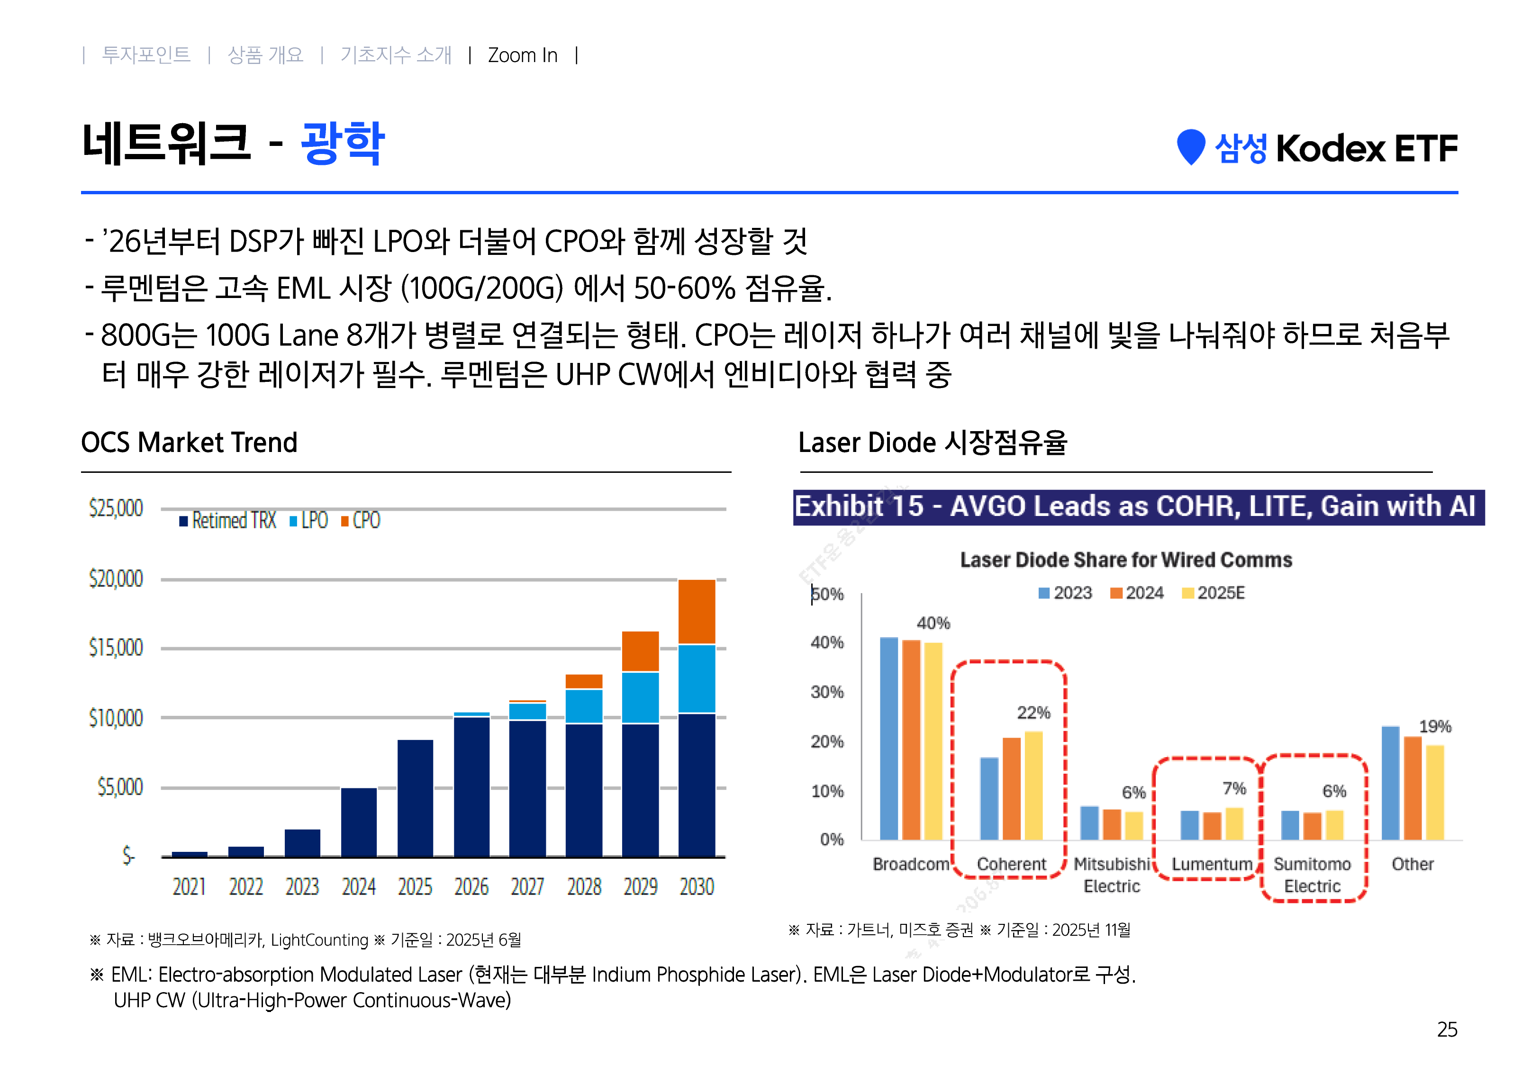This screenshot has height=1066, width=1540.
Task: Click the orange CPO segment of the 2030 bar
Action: (697, 611)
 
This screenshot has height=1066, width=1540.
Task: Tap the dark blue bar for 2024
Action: (359, 822)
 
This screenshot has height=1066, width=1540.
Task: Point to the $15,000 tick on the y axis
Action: (116, 648)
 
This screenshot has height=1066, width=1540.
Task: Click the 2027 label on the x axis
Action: (527, 887)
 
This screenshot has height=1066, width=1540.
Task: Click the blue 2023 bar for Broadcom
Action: (889, 738)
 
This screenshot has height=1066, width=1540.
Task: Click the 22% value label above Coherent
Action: (1033, 713)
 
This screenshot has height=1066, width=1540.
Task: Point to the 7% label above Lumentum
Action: (1234, 789)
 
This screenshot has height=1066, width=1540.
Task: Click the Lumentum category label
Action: (1212, 864)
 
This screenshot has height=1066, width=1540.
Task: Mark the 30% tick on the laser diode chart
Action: (827, 692)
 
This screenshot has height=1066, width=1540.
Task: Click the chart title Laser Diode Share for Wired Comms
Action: (1126, 560)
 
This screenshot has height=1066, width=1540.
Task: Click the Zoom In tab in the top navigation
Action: (522, 55)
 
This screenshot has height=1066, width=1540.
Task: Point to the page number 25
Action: (1447, 1029)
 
